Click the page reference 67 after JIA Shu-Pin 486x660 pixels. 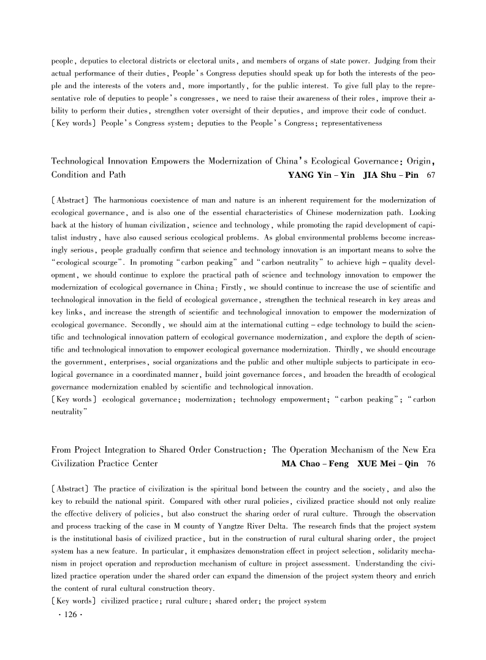pyautogui.click(x=431, y=175)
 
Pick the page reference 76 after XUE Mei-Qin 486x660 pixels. pyautogui.click(x=431, y=463)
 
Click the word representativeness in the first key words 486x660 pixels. pyautogui.click(x=348, y=123)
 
